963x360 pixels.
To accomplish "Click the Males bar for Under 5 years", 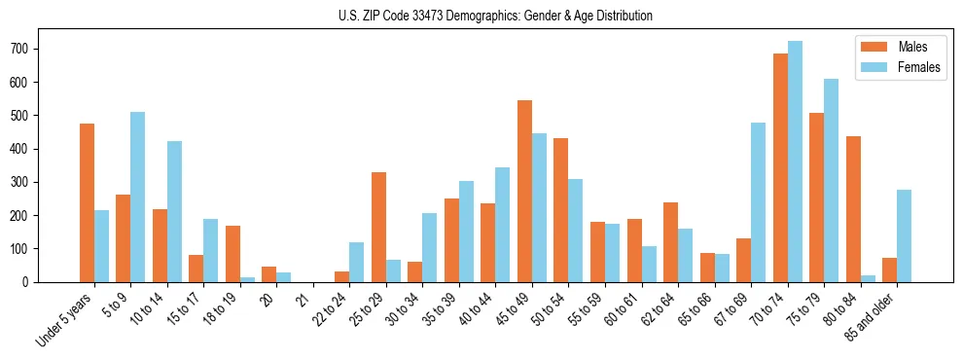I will click(87, 202).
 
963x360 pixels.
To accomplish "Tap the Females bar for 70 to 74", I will click(795, 162).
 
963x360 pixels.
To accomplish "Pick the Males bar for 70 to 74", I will click(780, 167).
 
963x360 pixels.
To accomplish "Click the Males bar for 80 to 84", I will click(853, 209).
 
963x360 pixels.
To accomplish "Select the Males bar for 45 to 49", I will click(524, 191).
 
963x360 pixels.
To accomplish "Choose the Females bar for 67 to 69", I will click(758, 202).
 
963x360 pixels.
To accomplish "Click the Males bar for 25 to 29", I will click(378, 227).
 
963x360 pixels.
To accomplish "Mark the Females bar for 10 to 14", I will click(174, 211).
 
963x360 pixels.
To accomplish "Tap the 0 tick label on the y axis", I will click(33, 282).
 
